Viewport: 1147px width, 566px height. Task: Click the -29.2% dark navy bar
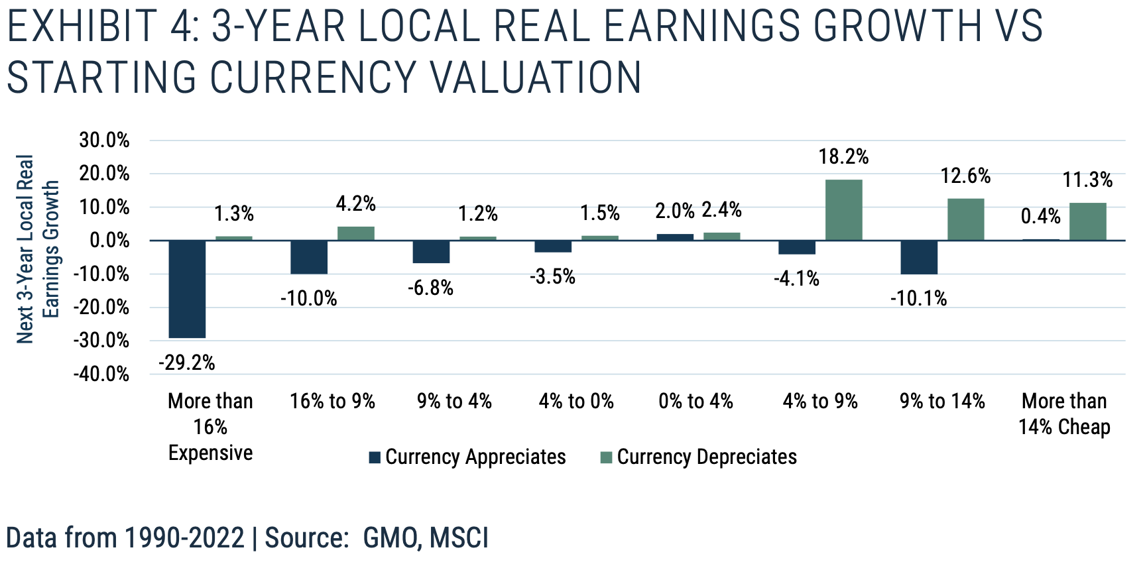pyautogui.click(x=187, y=289)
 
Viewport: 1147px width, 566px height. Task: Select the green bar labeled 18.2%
pyautogui.click(x=843, y=210)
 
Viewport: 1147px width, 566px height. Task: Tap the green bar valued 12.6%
pyautogui.click(x=965, y=219)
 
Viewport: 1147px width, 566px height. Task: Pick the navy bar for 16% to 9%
pyautogui.click(x=309, y=257)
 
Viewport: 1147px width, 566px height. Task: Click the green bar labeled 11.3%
pyautogui.click(x=1087, y=221)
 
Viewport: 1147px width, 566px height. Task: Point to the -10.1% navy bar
pyautogui.click(x=919, y=257)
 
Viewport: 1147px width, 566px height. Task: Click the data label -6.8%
pyautogui.click(x=431, y=288)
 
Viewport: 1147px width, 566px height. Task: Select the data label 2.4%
pyautogui.click(x=721, y=210)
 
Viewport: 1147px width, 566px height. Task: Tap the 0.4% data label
pyautogui.click(x=1040, y=216)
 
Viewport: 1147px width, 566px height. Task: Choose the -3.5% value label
pyautogui.click(x=552, y=276)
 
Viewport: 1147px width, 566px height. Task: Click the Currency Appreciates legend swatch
pyautogui.click(x=375, y=457)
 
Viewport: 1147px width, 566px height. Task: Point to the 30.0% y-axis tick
pyautogui.click(x=104, y=140)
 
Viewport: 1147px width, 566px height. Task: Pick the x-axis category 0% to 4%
pyautogui.click(x=695, y=401)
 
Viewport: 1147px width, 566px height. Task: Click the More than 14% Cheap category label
pyautogui.click(x=1064, y=414)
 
